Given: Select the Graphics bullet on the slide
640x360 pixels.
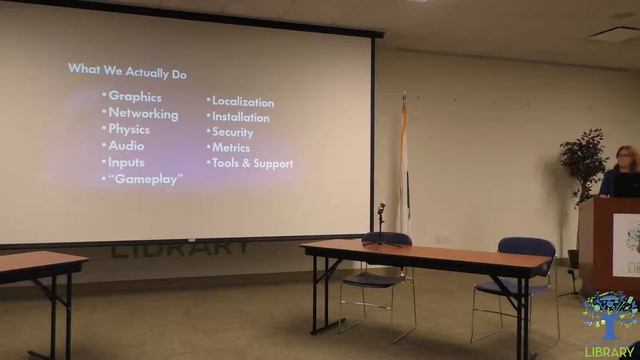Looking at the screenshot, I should tap(134, 96).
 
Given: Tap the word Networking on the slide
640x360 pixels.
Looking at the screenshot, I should tap(143, 114).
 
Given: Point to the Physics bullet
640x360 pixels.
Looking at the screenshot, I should tap(129, 130).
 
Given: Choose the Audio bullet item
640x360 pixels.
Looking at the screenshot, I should tap(126, 146).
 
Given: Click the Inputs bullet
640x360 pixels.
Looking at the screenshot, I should tap(126, 162).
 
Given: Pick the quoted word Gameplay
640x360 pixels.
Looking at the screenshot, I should tap(145, 179).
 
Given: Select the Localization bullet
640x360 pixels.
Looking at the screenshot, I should tap(242, 102).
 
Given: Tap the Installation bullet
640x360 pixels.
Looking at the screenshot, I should tap(240, 117).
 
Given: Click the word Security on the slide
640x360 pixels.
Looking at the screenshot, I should tap(232, 132).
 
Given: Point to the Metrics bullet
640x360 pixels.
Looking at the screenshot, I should tap(230, 147).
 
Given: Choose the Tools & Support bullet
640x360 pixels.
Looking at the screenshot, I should tap(252, 163).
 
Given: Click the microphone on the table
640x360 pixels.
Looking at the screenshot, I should tap(380, 211).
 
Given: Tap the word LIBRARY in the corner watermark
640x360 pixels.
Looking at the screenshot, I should tap(612, 351).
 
